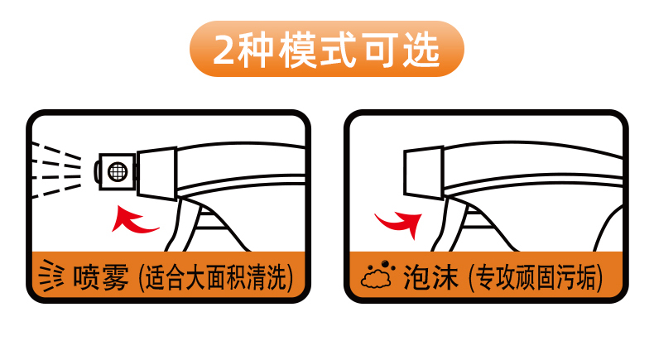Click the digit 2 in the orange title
tap(224, 49)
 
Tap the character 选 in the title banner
tap(421, 50)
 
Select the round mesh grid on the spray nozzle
tap(118, 171)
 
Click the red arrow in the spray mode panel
tap(132, 220)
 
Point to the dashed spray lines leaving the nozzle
tap(56, 170)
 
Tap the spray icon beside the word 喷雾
tap(50, 276)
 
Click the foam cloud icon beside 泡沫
tap(377, 275)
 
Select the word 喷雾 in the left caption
tap(101, 276)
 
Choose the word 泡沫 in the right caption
tap(430, 276)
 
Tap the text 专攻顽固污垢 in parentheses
tap(536, 277)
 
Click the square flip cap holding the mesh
tap(118, 171)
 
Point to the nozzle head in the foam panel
tap(423, 172)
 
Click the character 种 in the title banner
tap(255, 50)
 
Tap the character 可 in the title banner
tap(380, 50)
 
